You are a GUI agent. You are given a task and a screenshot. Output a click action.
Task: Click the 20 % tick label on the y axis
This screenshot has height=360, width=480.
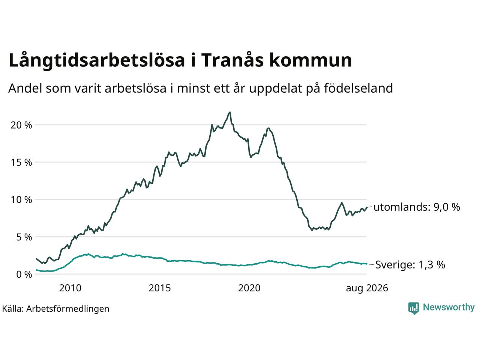pos(21,125)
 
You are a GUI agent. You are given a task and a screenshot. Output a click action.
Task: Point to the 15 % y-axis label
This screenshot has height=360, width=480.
pos(21,162)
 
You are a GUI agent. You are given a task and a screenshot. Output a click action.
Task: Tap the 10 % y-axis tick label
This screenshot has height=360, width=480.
pos(21,199)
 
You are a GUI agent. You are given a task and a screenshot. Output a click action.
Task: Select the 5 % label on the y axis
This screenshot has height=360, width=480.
pos(24,237)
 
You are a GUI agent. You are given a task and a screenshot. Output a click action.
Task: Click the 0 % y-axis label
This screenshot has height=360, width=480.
pos(24,274)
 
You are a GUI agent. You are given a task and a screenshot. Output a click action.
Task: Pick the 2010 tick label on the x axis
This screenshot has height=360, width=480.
pos(70,288)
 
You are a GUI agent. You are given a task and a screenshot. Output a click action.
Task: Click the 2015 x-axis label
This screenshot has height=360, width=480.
pos(160,288)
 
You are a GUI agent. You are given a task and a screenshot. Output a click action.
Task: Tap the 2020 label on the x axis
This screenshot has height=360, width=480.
pos(249,288)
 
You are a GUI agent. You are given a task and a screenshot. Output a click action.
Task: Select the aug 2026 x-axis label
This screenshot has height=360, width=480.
pos(367,288)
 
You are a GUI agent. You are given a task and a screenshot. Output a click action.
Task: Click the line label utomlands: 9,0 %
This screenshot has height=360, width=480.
pos(417,207)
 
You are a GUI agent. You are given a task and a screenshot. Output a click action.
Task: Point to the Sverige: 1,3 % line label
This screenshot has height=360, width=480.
pos(410,265)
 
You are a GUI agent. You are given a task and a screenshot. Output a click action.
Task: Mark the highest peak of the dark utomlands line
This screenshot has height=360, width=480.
pos(230,112)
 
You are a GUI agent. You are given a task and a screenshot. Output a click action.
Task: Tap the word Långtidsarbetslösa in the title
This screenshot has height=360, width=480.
pos(97,60)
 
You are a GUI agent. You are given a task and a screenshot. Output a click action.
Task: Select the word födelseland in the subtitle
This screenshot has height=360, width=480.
pos(358,88)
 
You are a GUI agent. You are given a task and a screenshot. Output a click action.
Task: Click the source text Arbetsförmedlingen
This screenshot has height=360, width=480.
pos(67,309)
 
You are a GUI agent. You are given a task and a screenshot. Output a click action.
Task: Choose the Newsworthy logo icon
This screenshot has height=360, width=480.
pos(414,308)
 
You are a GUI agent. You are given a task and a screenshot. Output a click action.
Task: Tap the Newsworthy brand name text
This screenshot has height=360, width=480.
pos(449,307)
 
